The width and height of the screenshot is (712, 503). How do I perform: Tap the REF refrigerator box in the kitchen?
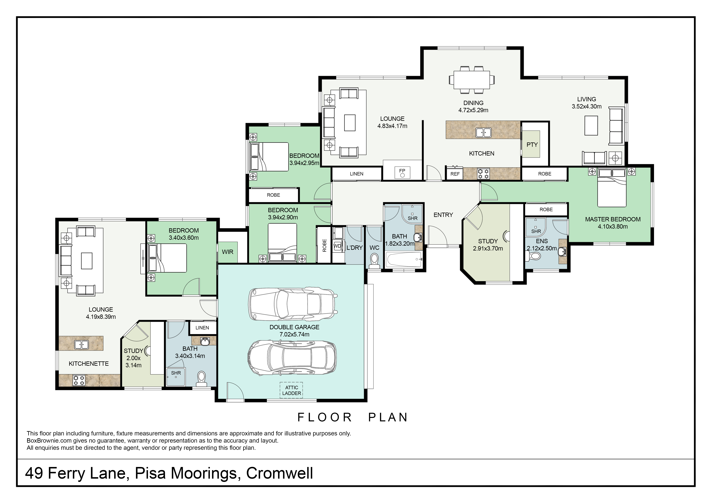pos(455,174)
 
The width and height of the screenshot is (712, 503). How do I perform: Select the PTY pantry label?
pos(532,145)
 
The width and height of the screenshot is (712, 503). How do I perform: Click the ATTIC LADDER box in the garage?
pos(292,390)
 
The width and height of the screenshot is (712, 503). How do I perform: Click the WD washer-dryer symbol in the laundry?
pos(337,246)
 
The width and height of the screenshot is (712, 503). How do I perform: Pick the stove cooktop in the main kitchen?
pos(483,174)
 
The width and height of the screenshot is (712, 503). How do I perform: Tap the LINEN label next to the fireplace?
pos(357,174)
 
